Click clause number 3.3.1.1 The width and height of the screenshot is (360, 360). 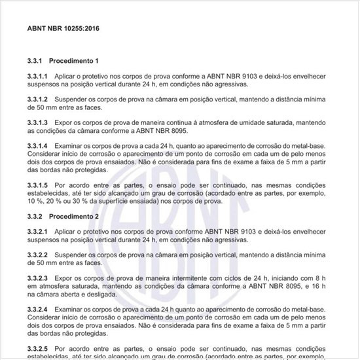click(x=38, y=77)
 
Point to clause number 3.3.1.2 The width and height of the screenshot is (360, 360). click(x=38, y=99)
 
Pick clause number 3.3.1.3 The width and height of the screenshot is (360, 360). click(x=38, y=122)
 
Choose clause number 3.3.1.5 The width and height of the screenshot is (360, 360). click(x=38, y=185)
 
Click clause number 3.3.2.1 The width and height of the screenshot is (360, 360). click(x=38, y=232)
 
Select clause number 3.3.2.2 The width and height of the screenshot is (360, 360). click(x=38, y=255)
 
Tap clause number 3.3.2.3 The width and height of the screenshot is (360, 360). click(x=38, y=278)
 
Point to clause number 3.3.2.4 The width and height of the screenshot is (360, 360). click(x=38, y=308)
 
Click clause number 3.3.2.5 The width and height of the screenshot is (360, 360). click(x=38, y=348)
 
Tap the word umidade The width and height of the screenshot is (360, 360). click(x=256, y=122)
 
